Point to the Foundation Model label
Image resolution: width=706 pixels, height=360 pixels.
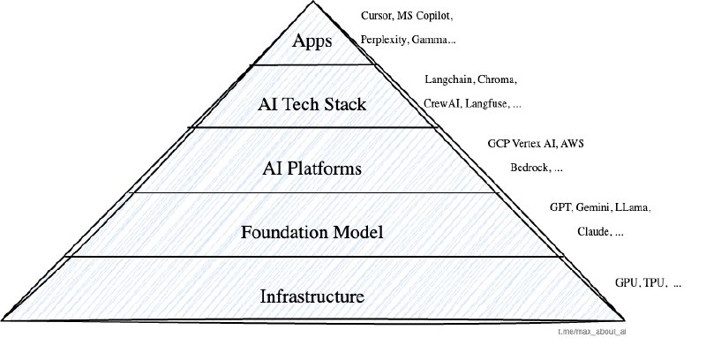[312, 233]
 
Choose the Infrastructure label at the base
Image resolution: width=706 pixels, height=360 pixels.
[313, 295]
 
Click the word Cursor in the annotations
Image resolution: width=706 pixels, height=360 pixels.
[377, 17]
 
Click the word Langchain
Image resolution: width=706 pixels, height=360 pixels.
[447, 80]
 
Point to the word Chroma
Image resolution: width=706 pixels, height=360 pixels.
[498, 80]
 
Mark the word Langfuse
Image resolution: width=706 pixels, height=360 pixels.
[488, 103]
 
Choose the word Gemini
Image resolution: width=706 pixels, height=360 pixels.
[595, 208]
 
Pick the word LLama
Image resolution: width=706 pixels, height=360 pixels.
[635, 208]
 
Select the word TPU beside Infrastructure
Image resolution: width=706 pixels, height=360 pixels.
[653, 284]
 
